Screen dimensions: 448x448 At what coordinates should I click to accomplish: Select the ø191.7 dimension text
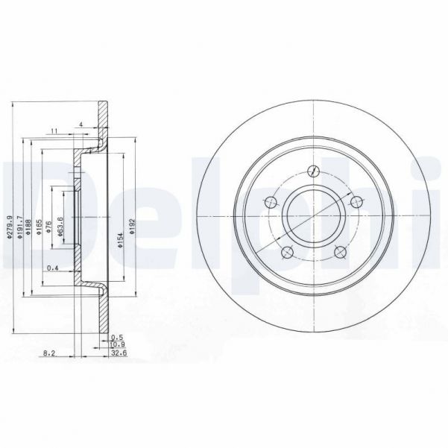(20, 227)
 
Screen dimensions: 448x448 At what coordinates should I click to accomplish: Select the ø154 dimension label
(119, 238)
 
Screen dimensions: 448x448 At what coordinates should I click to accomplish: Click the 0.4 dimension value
(53, 268)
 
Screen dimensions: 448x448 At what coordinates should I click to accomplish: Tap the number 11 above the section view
(54, 131)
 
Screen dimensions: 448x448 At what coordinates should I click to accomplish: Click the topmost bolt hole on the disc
(313, 168)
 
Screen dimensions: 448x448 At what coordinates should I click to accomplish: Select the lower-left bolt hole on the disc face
(285, 251)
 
